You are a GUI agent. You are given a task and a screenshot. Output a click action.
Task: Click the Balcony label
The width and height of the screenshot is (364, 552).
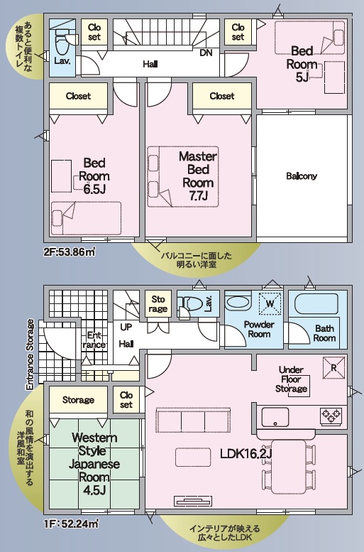pyautogui.click(x=302, y=176)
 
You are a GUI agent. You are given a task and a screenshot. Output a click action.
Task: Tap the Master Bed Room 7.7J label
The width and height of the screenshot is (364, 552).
pyautogui.click(x=198, y=175)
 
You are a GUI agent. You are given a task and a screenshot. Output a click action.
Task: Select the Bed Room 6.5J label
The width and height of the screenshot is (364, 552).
pyautogui.click(x=94, y=176)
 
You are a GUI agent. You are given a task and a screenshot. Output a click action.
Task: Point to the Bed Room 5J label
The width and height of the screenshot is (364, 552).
pyautogui.click(x=302, y=64)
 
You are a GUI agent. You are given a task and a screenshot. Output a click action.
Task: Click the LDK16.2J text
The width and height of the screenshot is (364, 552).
pyautogui.click(x=246, y=454)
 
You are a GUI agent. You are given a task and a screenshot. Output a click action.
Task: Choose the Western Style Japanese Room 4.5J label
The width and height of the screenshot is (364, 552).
pyautogui.click(x=94, y=464)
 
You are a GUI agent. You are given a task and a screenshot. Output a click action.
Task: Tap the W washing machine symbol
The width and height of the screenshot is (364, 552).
pyautogui.click(x=270, y=303)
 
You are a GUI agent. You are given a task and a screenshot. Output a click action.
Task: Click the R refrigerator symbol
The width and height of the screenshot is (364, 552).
pyautogui.click(x=333, y=367)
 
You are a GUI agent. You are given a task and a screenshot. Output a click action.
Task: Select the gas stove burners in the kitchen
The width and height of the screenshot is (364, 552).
pyautogui.click(x=331, y=416)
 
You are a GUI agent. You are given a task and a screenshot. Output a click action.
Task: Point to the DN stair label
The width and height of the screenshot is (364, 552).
pyautogui.click(x=206, y=53)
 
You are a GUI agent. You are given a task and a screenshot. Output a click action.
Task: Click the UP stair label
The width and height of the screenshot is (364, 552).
pyautogui.click(x=126, y=327)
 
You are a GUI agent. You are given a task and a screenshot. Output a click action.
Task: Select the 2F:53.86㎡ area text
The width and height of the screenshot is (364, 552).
pyautogui.click(x=70, y=252)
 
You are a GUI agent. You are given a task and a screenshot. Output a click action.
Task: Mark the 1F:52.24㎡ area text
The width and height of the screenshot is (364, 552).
pyautogui.click(x=71, y=524)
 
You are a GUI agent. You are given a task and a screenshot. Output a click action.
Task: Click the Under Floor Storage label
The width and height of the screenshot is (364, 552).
pyautogui.click(x=291, y=379)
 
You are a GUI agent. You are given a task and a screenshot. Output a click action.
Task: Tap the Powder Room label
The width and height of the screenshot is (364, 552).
pyautogui.click(x=259, y=329)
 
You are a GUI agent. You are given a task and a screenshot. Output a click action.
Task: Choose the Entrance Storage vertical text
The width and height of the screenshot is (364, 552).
pyautogui.click(x=31, y=355)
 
